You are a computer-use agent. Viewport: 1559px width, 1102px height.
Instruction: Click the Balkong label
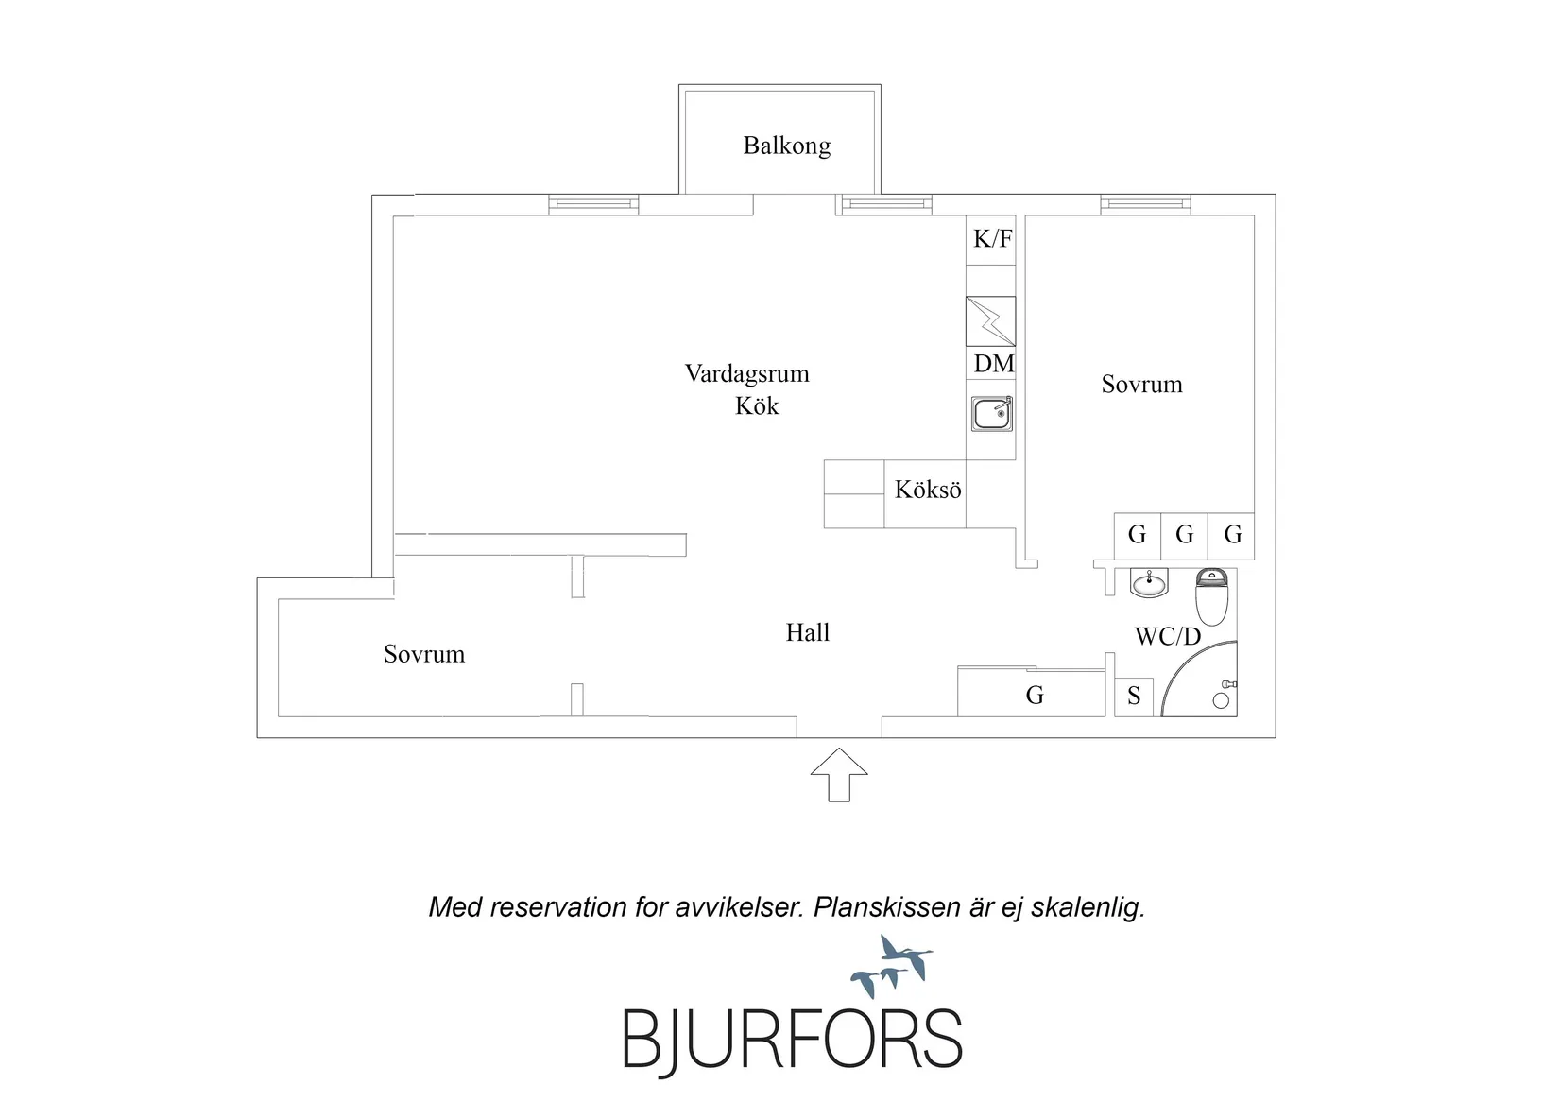[x=786, y=146]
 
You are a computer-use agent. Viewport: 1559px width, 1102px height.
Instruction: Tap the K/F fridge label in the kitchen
[x=992, y=239]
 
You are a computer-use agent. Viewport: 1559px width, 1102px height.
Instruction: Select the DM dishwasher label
[x=994, y=363]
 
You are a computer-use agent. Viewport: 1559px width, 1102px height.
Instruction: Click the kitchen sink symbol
[x=992, y=414]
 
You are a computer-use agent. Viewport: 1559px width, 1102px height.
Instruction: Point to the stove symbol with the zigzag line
[x=990, y=321]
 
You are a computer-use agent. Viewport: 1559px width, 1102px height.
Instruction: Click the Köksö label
[x=928, y=490]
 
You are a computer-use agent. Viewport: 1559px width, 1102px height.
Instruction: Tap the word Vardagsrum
[x=746, y=374]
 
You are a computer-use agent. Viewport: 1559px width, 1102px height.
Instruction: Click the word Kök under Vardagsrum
[x=757, y=405]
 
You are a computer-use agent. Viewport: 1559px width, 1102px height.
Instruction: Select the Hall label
[x=807, y=632]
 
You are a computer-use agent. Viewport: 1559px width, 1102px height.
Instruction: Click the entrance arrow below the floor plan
[x=839, y=775]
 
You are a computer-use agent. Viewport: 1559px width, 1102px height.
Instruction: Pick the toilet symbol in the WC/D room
[x=1211, y=596]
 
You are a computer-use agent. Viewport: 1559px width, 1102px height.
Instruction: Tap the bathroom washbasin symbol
[x=1149, y=583]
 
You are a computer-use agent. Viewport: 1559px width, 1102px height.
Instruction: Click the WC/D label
[x=1167, y=636]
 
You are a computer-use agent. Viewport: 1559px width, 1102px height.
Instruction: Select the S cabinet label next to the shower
[x=1134, y=696]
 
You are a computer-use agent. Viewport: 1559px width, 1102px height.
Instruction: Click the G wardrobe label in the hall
[x=1035, y=695]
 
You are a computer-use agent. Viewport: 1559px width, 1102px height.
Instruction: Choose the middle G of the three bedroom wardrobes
[x=1185, y=535]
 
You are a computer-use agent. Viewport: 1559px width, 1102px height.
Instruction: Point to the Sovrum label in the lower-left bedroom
[x=424, y=654]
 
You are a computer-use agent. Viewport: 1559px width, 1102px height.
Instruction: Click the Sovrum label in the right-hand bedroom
[x=1141, y=385]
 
